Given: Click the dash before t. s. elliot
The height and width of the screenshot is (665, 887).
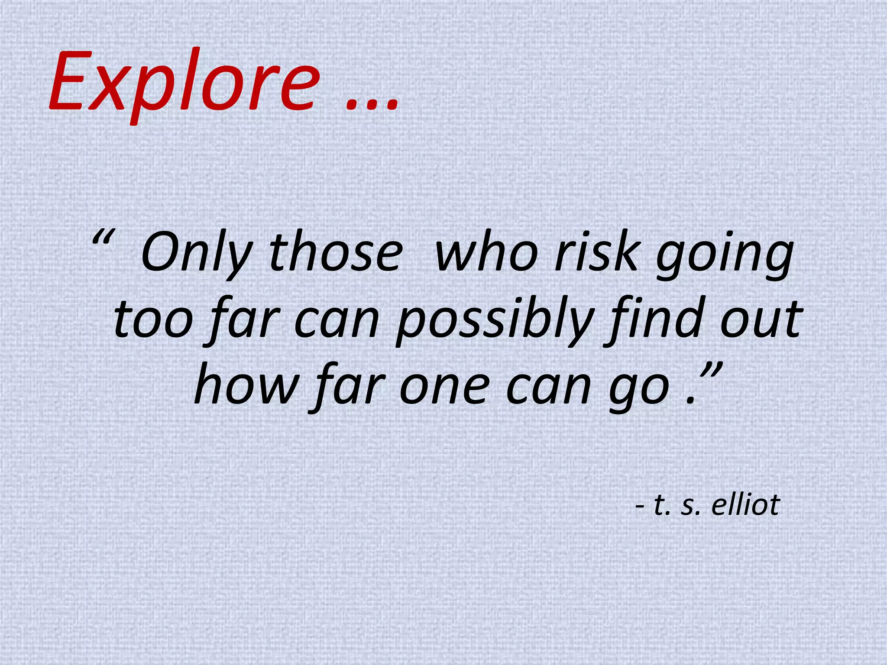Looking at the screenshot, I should [640, 507].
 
